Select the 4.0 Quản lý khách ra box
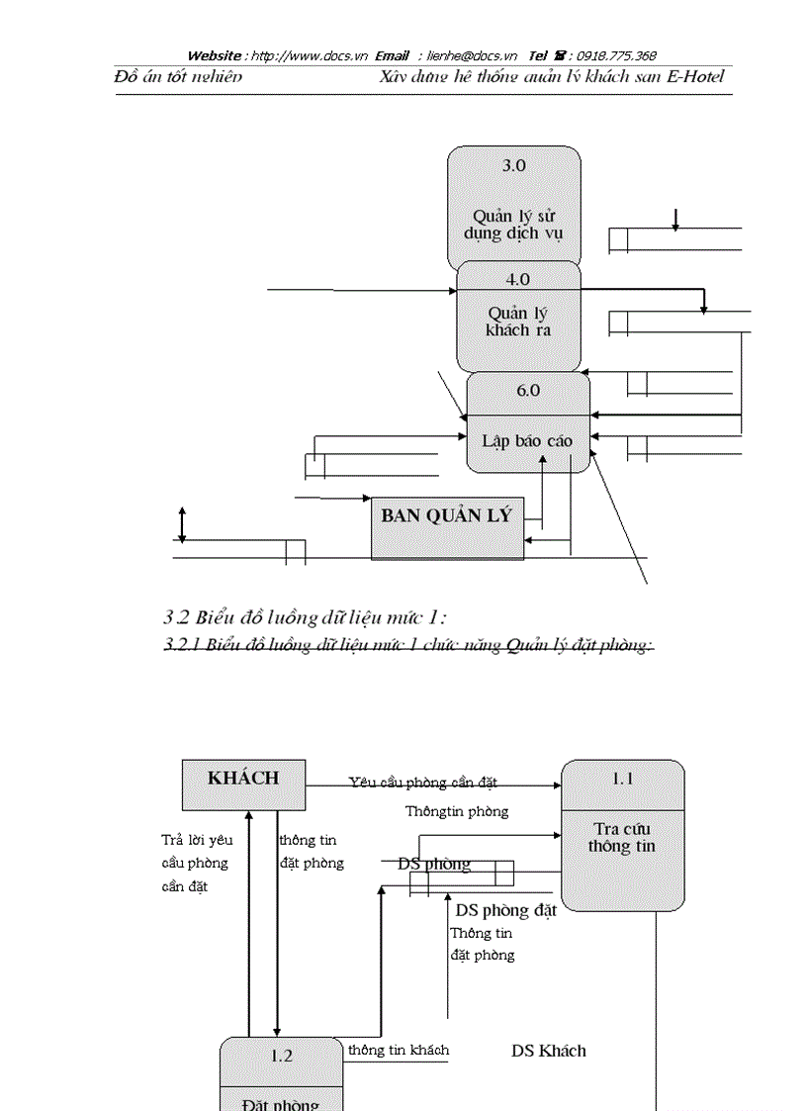519,317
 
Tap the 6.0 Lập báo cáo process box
528,422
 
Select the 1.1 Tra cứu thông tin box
622,835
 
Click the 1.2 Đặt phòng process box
281,1074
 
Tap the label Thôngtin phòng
457,811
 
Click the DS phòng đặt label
505,910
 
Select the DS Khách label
548,1051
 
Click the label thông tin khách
398,1050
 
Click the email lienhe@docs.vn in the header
472,55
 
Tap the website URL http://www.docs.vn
309,55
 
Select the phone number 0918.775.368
616,55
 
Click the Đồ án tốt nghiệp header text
178,76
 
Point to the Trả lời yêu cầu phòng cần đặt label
197,863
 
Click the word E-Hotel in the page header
695,76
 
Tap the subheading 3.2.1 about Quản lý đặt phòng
408,646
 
